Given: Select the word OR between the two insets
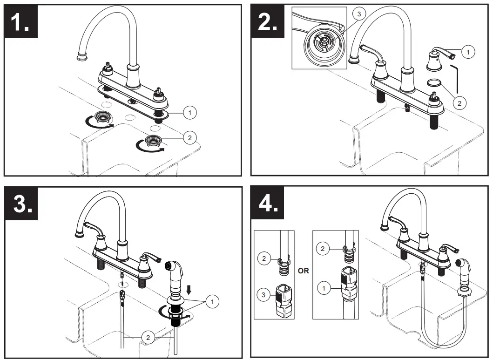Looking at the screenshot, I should [303, 271].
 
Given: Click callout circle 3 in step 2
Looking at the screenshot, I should [358, 14].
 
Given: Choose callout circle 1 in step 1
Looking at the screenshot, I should [189, 112].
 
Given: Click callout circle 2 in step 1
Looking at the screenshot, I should [189, 137].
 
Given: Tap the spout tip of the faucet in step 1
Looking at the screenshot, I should [82, 57].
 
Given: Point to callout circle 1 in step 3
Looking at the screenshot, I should [212, 302].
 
